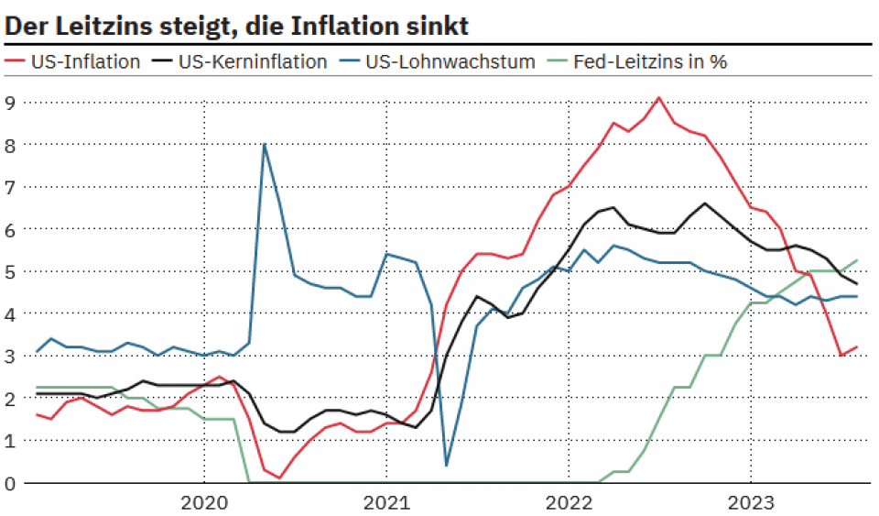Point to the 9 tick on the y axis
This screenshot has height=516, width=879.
(x=10, y=102)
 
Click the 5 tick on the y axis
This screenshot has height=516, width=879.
(x=10, y=271)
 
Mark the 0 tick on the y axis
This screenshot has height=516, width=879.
(x=10, y=483)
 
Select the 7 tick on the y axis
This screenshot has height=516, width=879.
(x=10, y=187)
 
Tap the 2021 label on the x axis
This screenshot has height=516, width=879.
(x=385, y=501)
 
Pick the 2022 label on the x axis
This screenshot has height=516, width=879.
(x=569, y=501)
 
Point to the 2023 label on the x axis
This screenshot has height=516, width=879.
(x=751, y=501)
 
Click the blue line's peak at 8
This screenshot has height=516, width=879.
(x=265, y=144)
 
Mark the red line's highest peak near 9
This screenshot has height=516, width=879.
(x=659, y=97)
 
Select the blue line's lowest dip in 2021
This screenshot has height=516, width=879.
(x=446, y=465)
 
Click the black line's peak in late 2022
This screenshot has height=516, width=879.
(x=705, y=203)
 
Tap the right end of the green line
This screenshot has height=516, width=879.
(x=857, y=260)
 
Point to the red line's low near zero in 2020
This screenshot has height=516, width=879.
(x=279, y=478)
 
